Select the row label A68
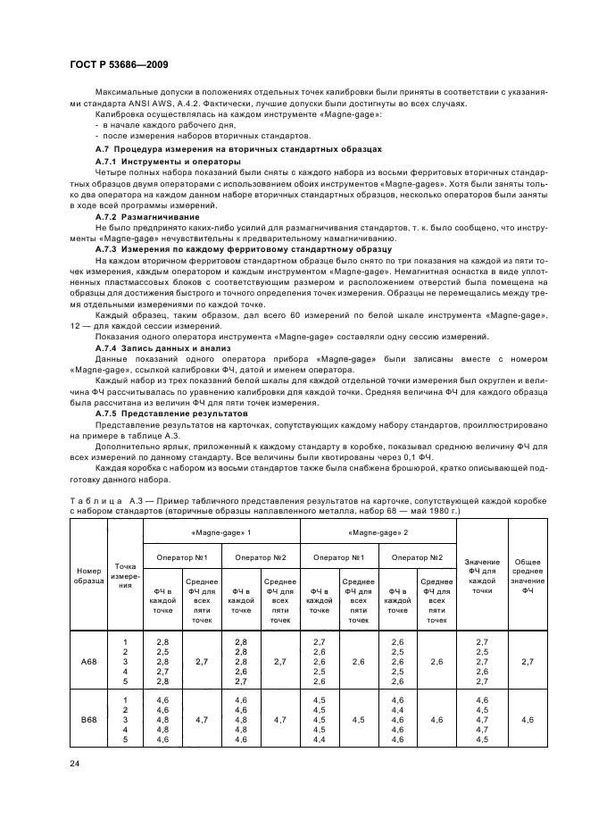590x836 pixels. pos(88,662)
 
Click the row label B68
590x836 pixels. pos(88,719)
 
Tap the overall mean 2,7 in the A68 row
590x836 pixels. pos(527,662)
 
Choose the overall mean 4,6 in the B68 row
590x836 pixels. pos(527,719)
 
